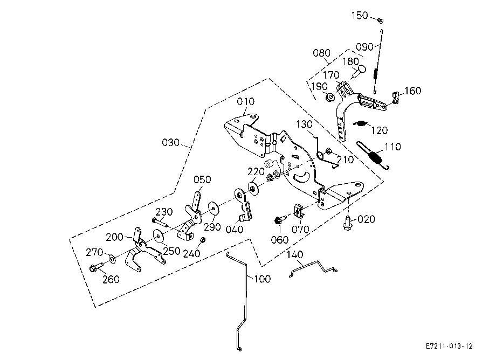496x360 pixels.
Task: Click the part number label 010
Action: (245, 101)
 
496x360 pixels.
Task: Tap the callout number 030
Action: (170, 143)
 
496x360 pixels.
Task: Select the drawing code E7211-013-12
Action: (449, 346)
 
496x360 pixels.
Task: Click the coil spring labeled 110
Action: (373, 156)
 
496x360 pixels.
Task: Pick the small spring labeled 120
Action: (360, 123)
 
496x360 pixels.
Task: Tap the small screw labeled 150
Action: (381, 21)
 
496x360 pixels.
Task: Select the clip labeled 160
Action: (395, 97)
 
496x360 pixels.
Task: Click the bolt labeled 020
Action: (347, 223)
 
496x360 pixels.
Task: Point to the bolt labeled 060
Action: (280, 219)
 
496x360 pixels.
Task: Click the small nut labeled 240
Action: (203, 240)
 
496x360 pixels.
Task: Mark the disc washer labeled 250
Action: (159, 236)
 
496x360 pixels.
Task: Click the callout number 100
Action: (262, 279)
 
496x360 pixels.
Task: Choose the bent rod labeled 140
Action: (313, 268)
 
